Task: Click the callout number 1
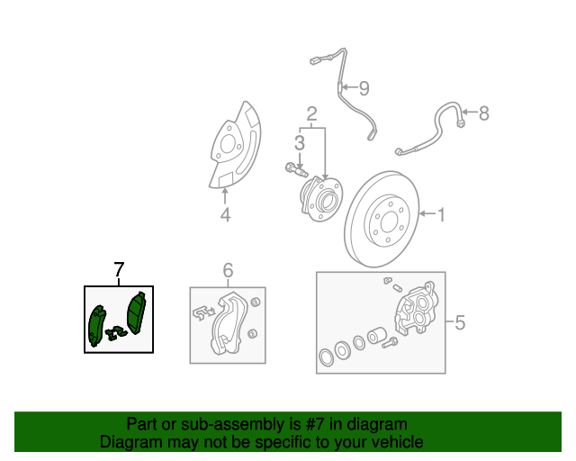coord(442,214)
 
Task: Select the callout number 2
coord(311,113)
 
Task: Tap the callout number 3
coord(298,142)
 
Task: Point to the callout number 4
coord(225,214)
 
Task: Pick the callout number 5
coord(459,321)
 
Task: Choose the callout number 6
coord(228,270)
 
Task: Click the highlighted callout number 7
coord(119,268)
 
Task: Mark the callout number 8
coord(483,113)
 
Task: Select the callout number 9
coord(364,88)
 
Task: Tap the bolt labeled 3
coord(295,168)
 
